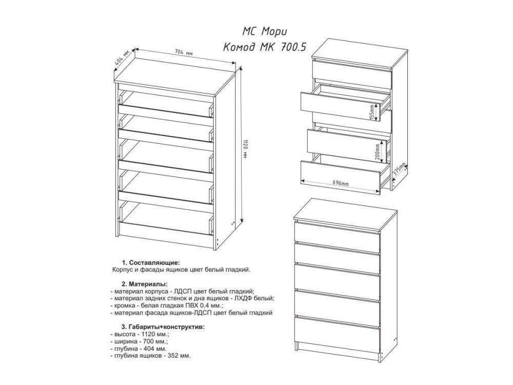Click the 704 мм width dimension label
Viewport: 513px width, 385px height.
click(184, 52)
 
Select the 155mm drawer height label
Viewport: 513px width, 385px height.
click(372, 112)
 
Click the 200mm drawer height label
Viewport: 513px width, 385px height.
click(378, 151)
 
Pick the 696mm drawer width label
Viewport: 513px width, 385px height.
click(341, 183)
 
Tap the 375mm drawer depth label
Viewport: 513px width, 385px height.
click(400, 170)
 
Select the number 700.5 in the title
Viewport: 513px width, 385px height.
click(293, 47)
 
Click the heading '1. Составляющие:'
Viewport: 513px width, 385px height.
click(151, 263)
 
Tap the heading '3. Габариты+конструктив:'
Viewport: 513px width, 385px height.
click(163, 327)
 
